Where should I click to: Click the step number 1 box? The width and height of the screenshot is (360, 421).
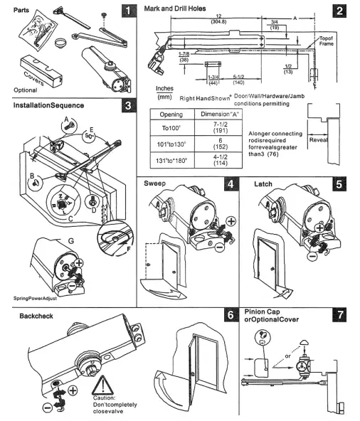click(x=127, y=11)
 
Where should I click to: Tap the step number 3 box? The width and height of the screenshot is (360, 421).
click(x=127, y=106)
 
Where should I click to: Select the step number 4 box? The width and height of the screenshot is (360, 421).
click(x=231, y=184)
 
